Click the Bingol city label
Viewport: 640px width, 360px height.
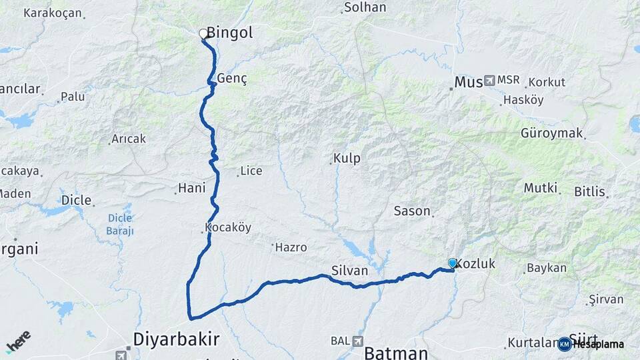[230, 32]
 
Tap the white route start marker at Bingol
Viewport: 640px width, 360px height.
[203, 33]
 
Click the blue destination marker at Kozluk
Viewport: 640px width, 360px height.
[453, 263]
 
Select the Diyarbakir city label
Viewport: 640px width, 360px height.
[176, 339]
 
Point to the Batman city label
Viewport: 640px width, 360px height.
[396, 353]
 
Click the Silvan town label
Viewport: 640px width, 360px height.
[349, 271]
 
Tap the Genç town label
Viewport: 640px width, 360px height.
[232, 79]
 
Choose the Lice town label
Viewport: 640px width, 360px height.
[251, 171]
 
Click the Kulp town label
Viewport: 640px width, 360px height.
[347, 159]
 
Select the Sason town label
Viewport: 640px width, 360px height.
[412, 211]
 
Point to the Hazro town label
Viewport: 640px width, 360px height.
[291, 247]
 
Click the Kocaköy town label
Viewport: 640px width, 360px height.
[228, 227]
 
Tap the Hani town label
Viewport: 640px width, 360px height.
[192, 189]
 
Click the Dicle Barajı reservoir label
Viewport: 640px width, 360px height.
[120, 224]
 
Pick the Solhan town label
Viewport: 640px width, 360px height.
[365, 8]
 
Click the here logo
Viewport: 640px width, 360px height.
[19, 342]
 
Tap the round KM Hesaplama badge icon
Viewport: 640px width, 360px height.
[565, 344]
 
